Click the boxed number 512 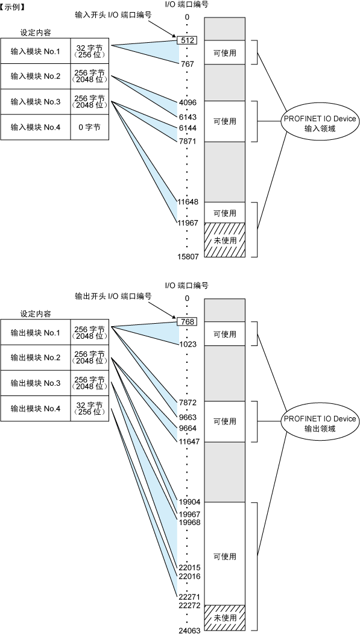(x=187, y=40)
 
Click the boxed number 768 (x=187, y=322)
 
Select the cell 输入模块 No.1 (x=36, y=51)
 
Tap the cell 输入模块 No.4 (x=36, y=127)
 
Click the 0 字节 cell (x=89, y=127)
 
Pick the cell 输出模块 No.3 (x=36, y=383)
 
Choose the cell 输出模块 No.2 (x=36, y=358)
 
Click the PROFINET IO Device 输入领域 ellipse (x=320, y=124)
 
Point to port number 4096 (x=189, y=102)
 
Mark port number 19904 (x=189, y=502)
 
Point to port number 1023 (x=189, y=344)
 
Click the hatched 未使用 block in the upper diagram (x=225, y=240)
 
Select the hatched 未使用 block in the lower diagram (x=225, y=618)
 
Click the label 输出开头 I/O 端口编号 (x=113, y=296)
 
